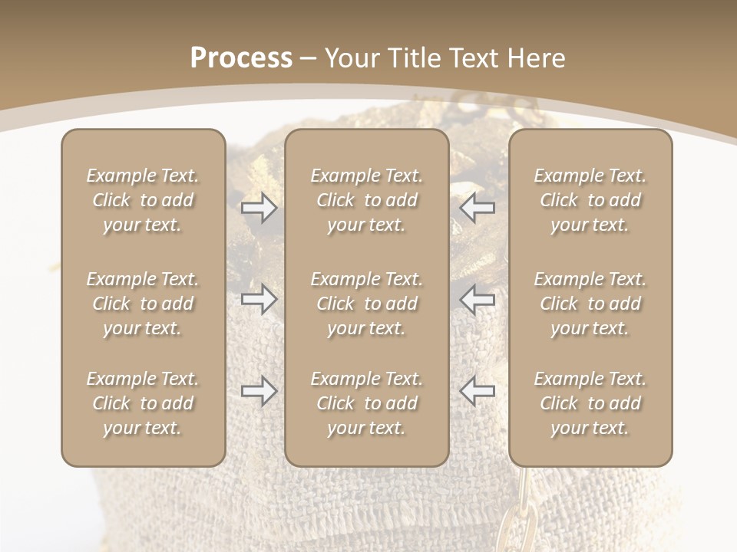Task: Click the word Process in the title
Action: [241, 58]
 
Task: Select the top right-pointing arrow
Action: [259, 207]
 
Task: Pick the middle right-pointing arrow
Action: [259, 299]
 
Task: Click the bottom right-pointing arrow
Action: [259, 391]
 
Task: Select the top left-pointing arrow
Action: [477, 207]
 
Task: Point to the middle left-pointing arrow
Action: [477, 299]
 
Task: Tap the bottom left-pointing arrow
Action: [477, 391]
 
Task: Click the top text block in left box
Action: [143, 200]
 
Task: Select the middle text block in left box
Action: [143, 304]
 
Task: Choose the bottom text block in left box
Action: [143, 403]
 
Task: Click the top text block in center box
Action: [366, 200]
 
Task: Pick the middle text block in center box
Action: [366, 304]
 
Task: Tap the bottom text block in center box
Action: [366, 403]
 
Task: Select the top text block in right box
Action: [590, 200]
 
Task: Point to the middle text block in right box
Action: [590, 304]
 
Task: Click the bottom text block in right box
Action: [590, 403]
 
